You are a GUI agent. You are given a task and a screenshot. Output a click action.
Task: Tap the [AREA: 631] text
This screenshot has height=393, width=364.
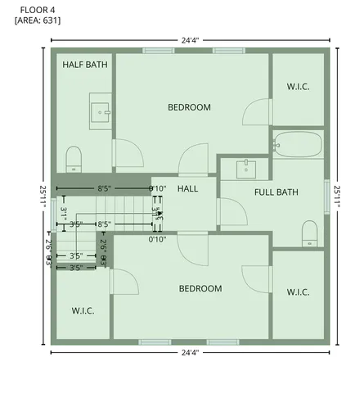pos(38,20)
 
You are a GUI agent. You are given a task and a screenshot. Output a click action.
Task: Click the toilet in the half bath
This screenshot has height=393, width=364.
pos(74,159)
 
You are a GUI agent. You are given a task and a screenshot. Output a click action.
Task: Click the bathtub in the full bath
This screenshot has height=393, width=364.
pos(298,144)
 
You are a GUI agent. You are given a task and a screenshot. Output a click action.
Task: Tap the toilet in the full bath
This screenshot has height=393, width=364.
pos(310,233)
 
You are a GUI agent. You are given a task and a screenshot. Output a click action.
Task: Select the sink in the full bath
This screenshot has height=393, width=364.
pos(245,169)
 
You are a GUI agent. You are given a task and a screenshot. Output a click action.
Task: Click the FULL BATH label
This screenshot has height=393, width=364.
pos(276,192)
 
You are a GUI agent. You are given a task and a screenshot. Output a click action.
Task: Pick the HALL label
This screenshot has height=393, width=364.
pos(188,189)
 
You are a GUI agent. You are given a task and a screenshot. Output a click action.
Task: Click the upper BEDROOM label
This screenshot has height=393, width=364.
pos(189,107)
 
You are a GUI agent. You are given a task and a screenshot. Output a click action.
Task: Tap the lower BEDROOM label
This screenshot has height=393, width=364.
pos(200,288)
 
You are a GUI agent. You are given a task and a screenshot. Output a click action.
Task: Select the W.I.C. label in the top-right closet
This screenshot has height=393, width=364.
pos(297,87)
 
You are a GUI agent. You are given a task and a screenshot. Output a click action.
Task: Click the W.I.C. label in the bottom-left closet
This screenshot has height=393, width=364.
pos(83,310)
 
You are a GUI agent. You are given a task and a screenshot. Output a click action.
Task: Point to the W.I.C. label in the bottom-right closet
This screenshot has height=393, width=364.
pos(297,291)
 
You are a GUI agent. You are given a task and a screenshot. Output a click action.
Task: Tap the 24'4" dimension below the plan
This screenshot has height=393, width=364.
pos(190,352)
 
